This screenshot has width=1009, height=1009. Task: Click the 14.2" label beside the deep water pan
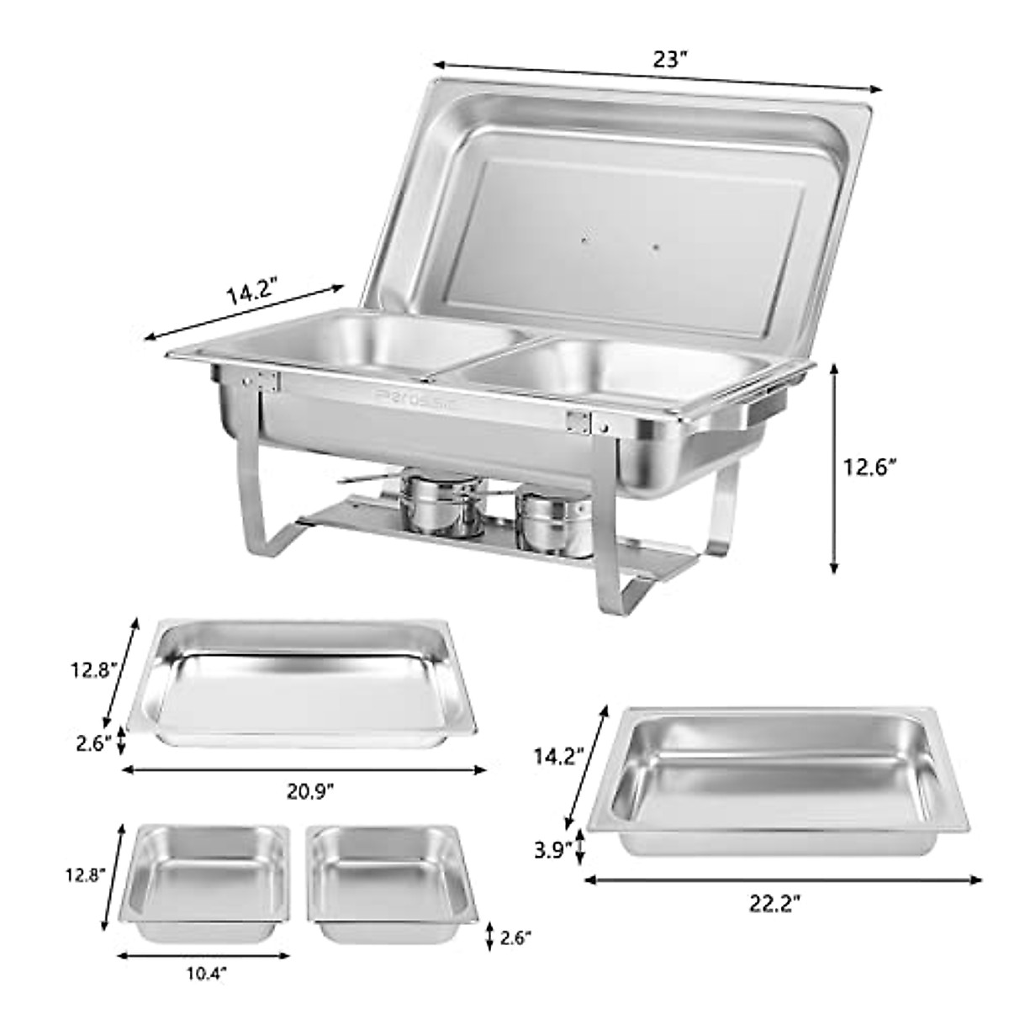559,756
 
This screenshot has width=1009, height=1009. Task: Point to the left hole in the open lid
584,240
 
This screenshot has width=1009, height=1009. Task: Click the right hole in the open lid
656,247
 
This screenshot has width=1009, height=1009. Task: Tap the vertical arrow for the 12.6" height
834,468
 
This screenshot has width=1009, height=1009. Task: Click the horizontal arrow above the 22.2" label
782,880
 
